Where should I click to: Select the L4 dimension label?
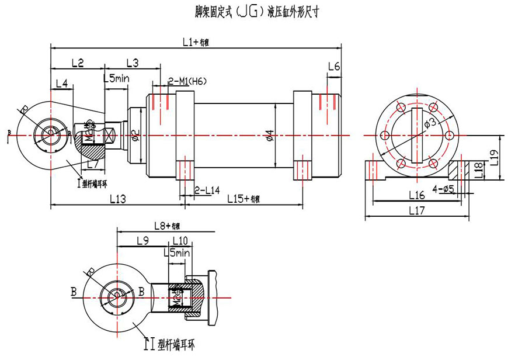62,84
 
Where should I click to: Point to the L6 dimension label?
333,67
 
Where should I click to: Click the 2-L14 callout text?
207,191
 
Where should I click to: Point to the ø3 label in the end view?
428,123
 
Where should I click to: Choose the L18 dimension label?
478,169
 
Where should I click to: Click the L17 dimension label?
417,210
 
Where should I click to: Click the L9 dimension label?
142,241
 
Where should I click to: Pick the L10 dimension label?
180,241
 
